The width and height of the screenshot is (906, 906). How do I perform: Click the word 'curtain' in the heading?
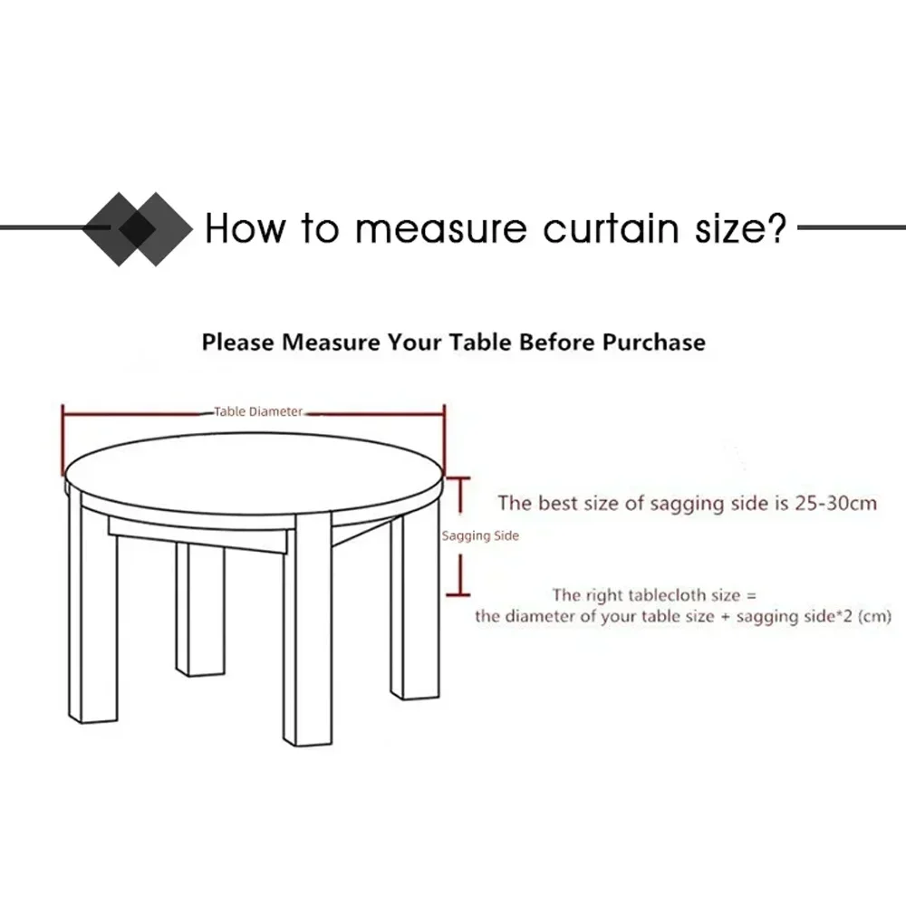(x=612, y=228)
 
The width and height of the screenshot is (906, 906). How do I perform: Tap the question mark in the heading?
(x=776, y=226)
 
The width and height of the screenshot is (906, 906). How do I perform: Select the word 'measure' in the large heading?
(x=440, y=229)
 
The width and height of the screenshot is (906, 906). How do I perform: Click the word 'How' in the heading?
(x=245, y=227)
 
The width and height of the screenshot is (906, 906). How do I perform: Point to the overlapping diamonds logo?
(x=138, y=229)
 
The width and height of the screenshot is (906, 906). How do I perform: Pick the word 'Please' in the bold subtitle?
(x=238, y=342)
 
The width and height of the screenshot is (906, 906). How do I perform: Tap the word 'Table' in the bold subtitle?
(x=481, y=342)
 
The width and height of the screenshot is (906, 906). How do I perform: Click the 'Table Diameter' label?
(x=258, y=411)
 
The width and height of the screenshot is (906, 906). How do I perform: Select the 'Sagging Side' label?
(x=480, y=535)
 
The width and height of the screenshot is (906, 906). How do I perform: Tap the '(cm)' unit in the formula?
(x=874, y=616)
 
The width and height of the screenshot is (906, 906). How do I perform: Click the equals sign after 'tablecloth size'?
(x=751, y=596)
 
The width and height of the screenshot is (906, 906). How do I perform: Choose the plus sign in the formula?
(x=726, y=616)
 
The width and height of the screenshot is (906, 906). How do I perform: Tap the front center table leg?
(x=307, y=629)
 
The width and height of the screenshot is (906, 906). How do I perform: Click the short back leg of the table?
(x=200, y=610)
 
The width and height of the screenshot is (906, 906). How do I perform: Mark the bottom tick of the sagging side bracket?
(x=458, y=594)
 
